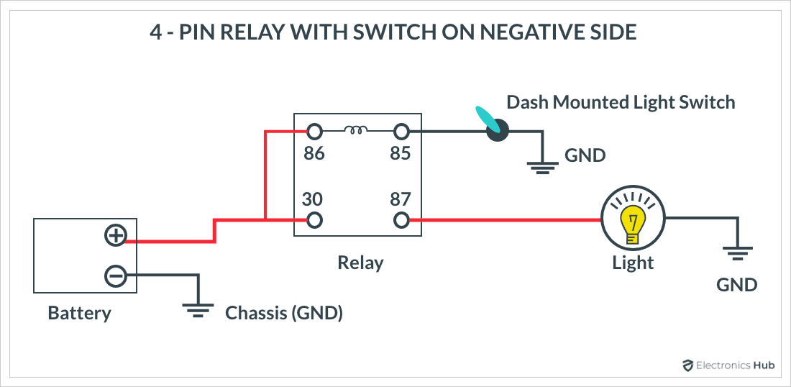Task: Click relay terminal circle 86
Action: [314, 132]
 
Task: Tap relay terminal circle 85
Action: [401, 132]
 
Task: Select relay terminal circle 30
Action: [314, 220]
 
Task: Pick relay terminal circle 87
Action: [401, 220]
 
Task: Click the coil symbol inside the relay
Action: [357, 130]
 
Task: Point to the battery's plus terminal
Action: [116, 235]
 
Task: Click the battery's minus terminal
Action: [116, 276]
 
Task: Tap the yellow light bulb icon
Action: [633, 219]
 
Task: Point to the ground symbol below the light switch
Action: [542, 168]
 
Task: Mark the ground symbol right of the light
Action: [736, 253]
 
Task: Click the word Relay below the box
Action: [360, 263]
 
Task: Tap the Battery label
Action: [79, 313]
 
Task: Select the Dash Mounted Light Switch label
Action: [621, 102]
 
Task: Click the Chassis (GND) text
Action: [284, 313]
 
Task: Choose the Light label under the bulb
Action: [633, 263]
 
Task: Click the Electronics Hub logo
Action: [727, 365]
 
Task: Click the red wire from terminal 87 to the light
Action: [503, 220]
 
